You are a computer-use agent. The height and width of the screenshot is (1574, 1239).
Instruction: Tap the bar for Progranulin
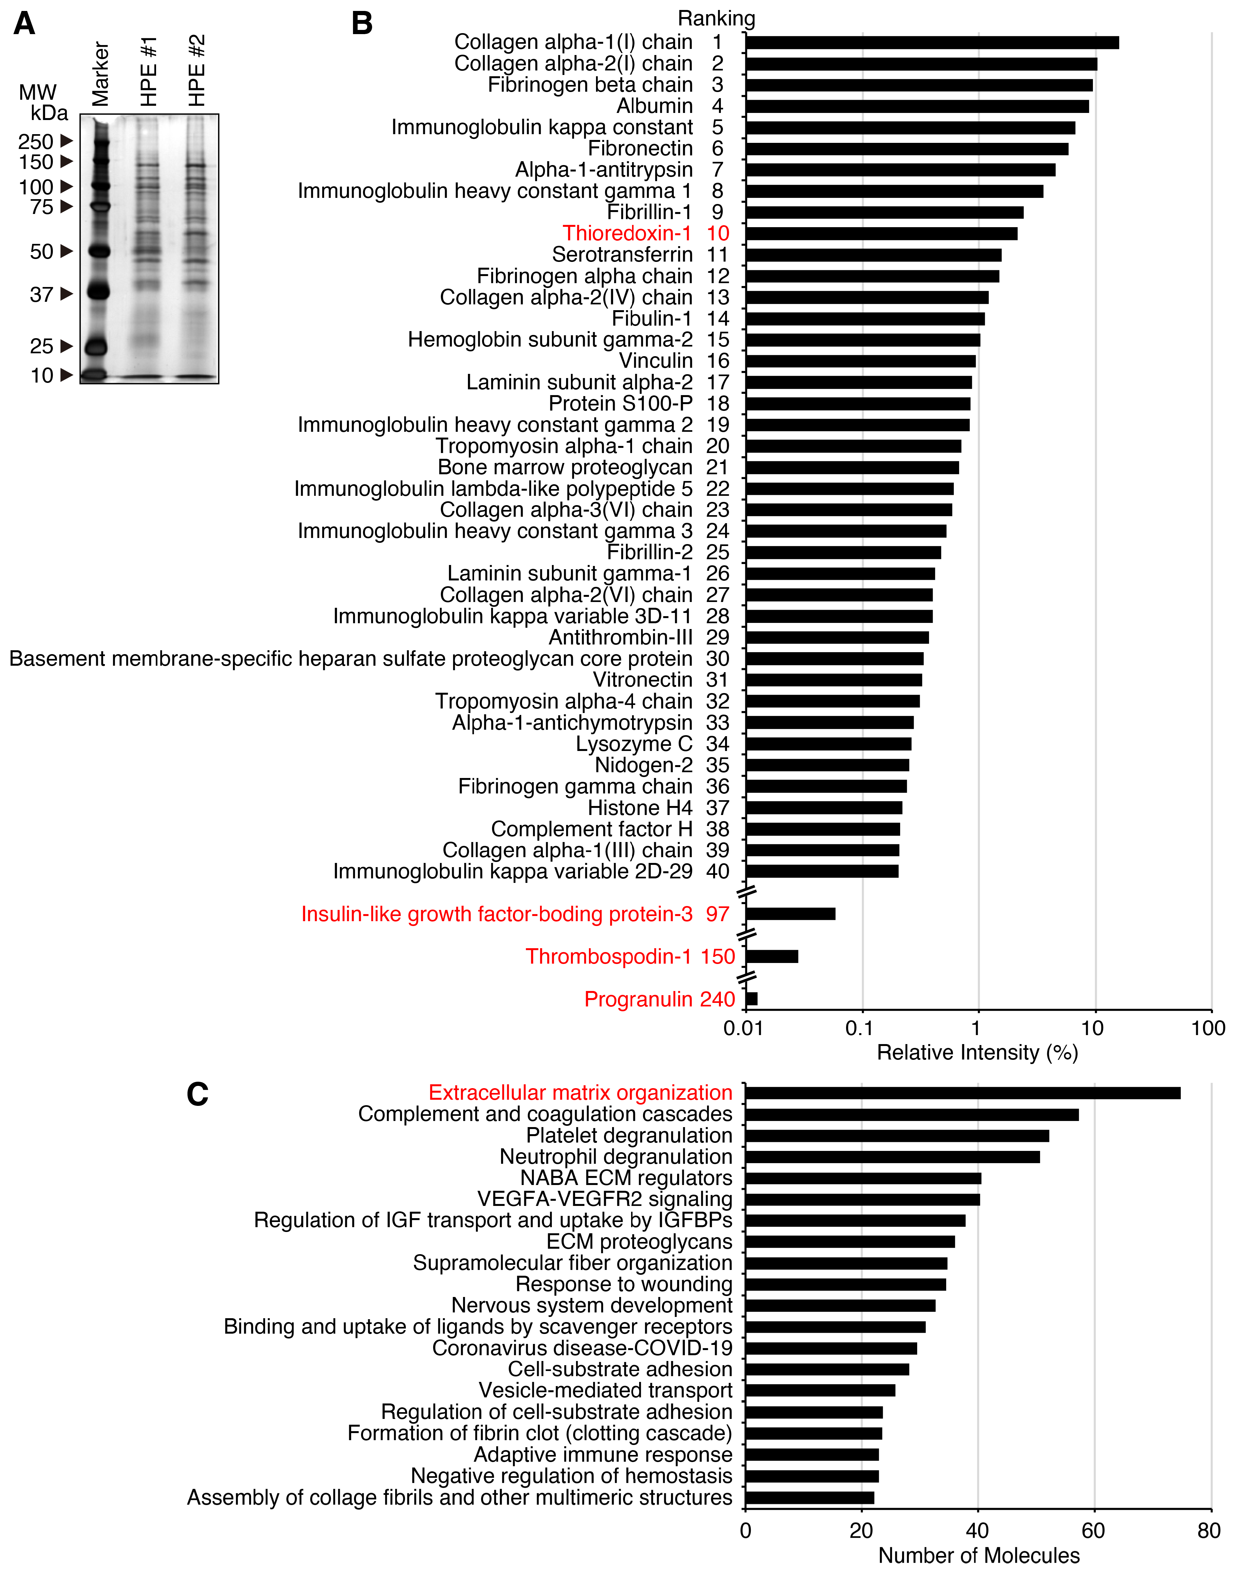(751, 999)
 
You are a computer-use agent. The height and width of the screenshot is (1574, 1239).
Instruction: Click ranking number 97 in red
(717, 914)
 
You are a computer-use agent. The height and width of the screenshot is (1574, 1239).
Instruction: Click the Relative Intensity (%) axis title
(977, 1052)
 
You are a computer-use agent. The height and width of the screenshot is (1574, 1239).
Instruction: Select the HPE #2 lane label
(197, 70)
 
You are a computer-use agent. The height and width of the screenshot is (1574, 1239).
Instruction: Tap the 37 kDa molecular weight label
(41, 294)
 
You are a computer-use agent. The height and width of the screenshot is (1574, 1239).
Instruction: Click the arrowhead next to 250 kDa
(67, 141)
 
